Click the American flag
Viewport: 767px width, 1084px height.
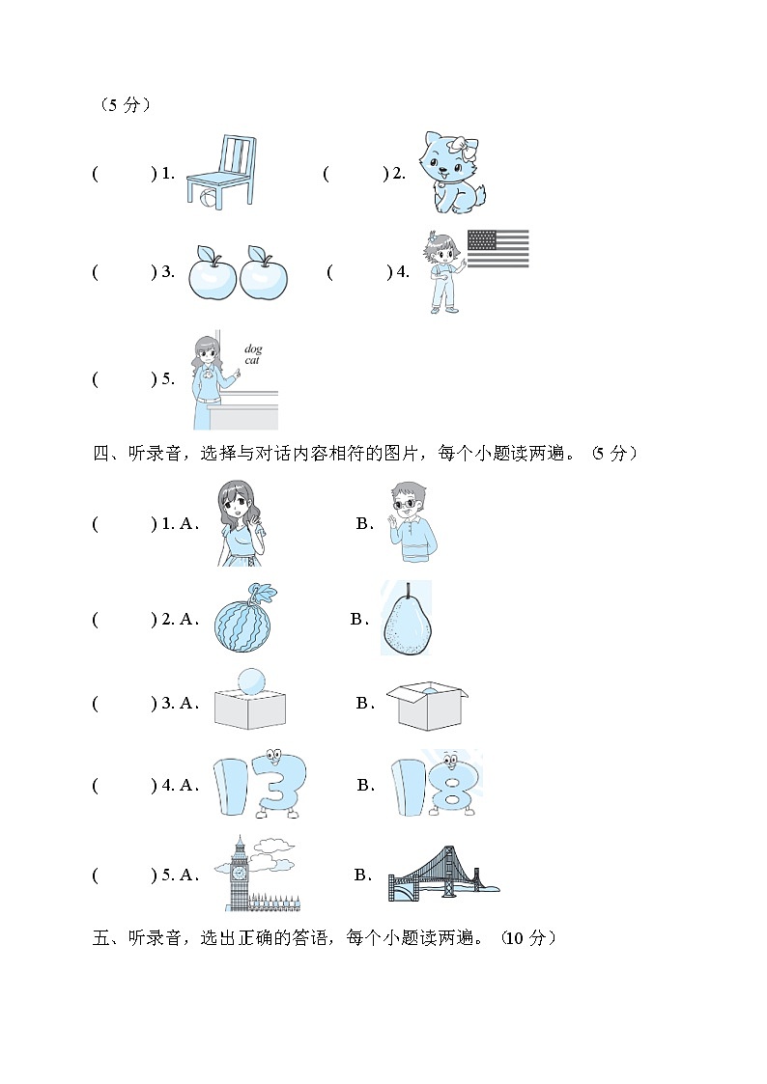pyautogui.click(x=497, y=249)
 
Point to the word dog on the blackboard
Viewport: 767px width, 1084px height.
pyautogui.click(x=253, y=349)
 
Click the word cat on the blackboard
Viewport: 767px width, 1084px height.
pyautogui.click(x=252, y=360)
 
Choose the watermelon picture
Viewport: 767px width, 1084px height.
pyautogui.click(x=243, y=618)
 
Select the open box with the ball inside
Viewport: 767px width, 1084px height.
pyautogui.click(x=427, y=706)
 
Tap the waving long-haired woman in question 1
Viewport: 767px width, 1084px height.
pyautogui.click(x=241, y=523)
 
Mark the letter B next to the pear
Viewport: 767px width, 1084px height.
pyautogui.click(x=357, y=619)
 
